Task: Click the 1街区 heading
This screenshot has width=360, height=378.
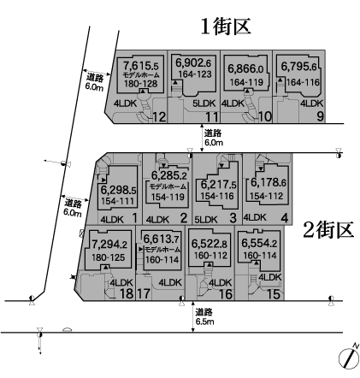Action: (x=226, y=27)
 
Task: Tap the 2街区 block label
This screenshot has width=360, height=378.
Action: (x=328, y=230)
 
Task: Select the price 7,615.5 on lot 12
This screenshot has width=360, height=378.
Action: (x=140, y=66)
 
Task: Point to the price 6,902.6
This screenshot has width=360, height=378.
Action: (x=193, y=63)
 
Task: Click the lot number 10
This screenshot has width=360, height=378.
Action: (x=265, y=116)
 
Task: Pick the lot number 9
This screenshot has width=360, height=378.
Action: (x=320, y=116)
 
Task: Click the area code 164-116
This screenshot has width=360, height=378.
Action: (x=303, y=82)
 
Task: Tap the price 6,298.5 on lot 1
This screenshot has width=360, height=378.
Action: (x=118, y=190)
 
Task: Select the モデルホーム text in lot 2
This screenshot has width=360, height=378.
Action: (x=168, y=186)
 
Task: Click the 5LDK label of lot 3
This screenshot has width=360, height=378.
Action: (x=206, y=220)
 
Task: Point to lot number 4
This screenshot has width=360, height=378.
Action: (x=285, y=218)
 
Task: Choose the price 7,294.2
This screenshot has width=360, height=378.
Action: (x=109, y=245)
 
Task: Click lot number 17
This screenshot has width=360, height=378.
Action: (x=144, y=293)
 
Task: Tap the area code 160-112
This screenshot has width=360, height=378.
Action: (x=210, y=256)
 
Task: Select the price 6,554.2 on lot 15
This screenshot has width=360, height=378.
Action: (x=259, y=243)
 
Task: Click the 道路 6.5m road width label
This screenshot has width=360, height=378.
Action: (x=204, y=316)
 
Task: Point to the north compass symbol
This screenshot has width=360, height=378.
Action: (x=349, y=357)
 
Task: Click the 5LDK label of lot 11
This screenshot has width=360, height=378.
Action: (x=204, y=103)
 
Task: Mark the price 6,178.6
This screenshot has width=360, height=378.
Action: (x=269, y=182)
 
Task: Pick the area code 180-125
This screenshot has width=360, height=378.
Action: (x=109, y=257)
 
